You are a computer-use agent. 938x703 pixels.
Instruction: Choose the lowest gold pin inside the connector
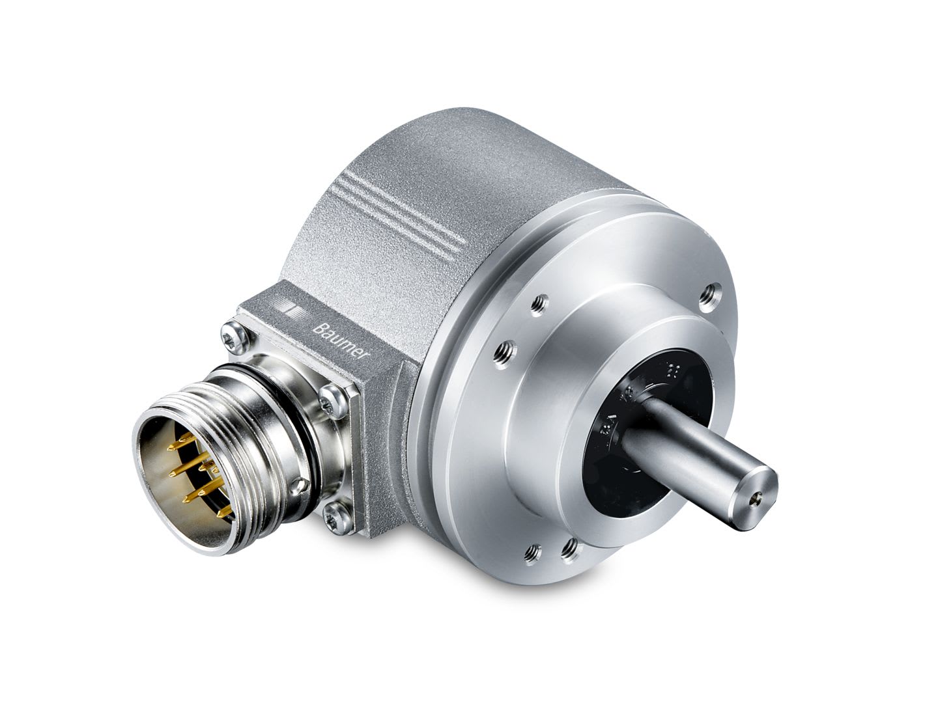tap(189, 498)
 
